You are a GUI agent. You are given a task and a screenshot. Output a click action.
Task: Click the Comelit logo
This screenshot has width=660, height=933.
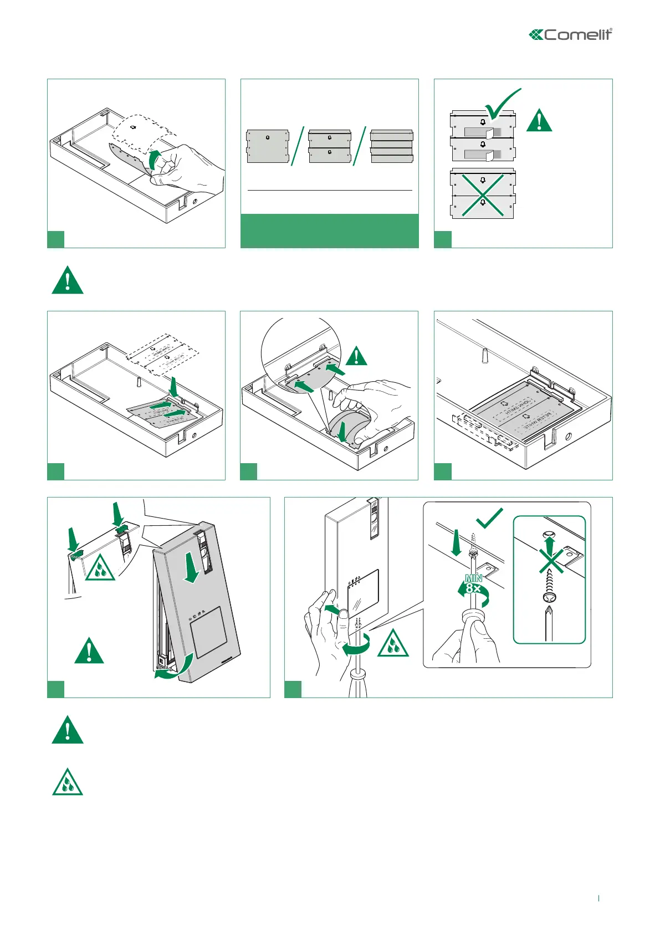click(x=570, y=35)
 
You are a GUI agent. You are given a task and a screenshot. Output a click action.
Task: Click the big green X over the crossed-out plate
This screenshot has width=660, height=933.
click(x=483, y=194)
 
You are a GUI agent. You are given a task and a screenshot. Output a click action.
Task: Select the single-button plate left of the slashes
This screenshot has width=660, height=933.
click(x=268, y=146)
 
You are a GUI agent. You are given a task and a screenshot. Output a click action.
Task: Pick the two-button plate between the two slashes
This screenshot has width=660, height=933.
click(x=330, y=146)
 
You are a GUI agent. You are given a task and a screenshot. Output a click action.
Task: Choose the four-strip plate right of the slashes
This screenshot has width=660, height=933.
click(x=392, y=146)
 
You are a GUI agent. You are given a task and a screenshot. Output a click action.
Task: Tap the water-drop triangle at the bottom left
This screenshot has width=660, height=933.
click(x=68, y=783)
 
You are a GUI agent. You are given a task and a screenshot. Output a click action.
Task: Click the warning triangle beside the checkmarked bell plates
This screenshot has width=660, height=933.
click(x=539, y=121)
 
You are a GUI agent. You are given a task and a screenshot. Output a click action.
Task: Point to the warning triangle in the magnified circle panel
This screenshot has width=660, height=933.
click(x=357, y=356)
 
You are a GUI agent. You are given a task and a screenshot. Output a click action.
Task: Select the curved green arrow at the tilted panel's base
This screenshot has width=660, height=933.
click(x=174, y=667)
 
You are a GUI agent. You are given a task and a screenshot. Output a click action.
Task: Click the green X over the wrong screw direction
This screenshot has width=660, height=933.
click(x=550, y=561)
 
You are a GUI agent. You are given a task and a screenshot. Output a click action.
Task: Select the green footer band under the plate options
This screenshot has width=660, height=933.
click(x=329, y=230)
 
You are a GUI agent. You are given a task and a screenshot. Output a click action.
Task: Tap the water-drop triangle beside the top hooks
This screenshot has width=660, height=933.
click(x=100, y=568)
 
